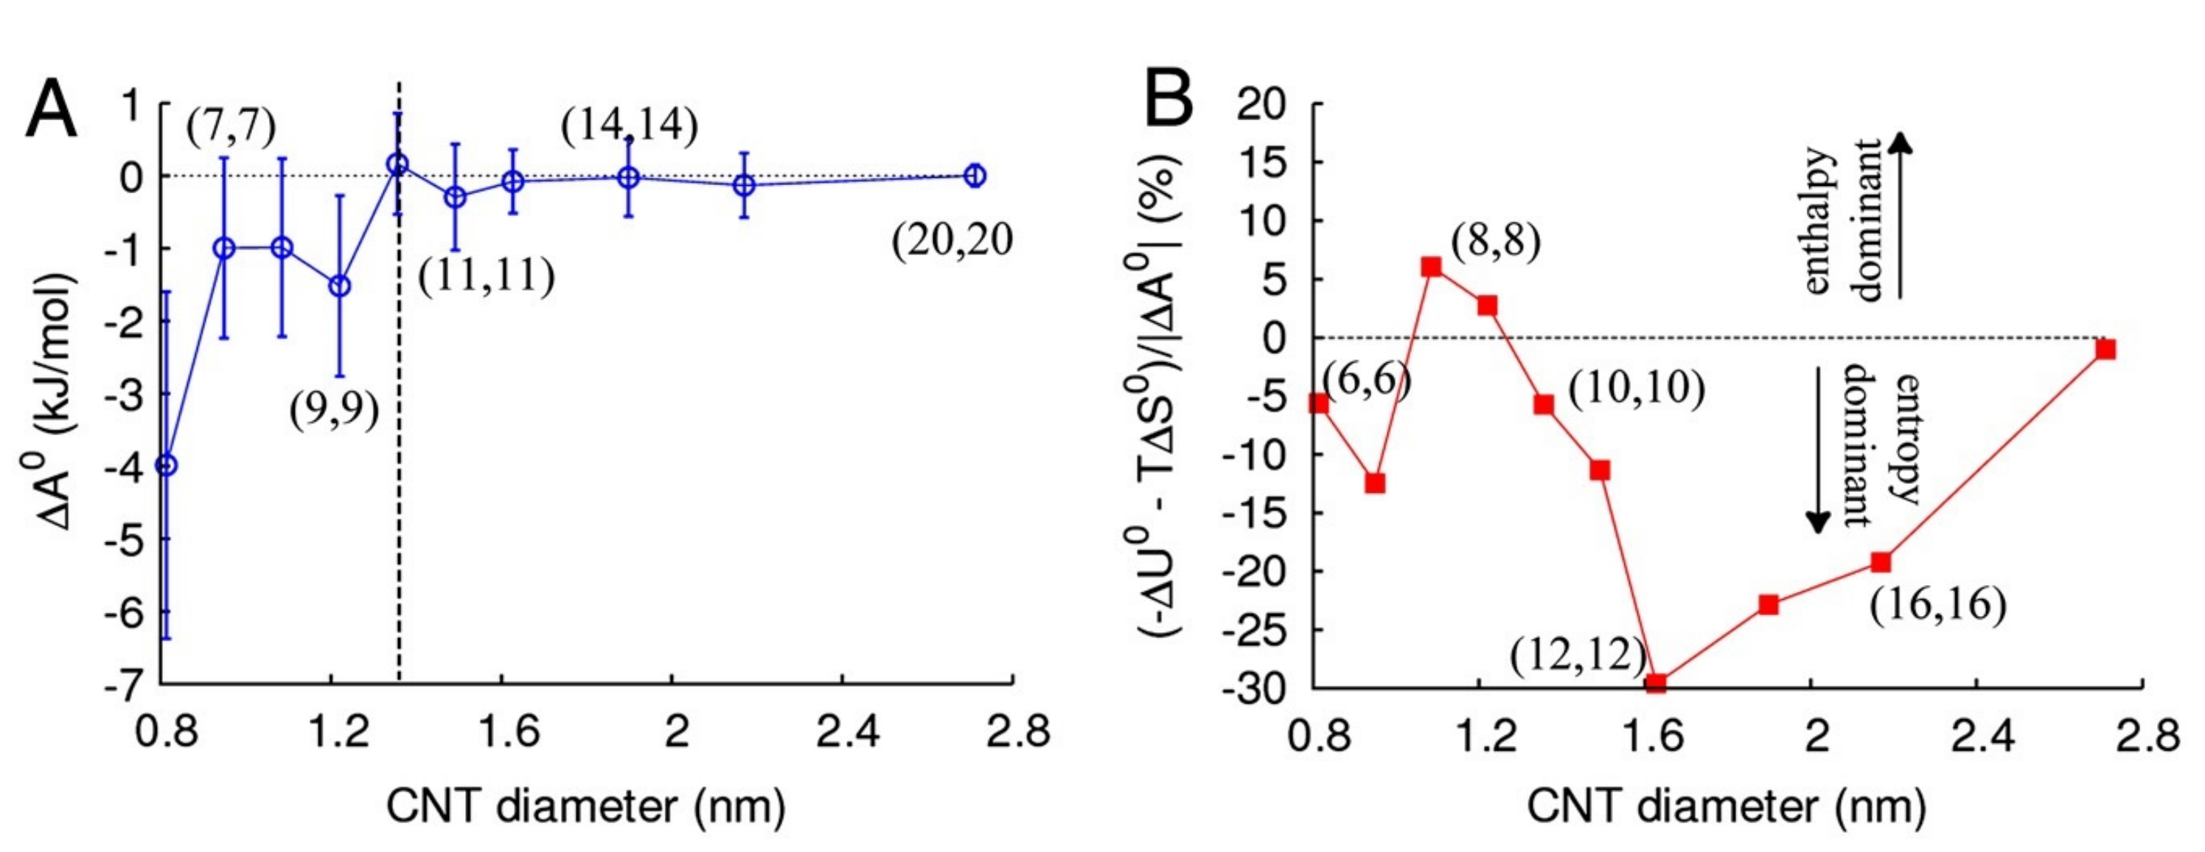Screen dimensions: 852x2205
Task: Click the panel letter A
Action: (x=51, y=111)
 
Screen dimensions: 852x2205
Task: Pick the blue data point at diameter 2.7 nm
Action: (x=974, y=175)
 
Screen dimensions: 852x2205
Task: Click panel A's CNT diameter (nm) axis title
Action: (x=586, y=806)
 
